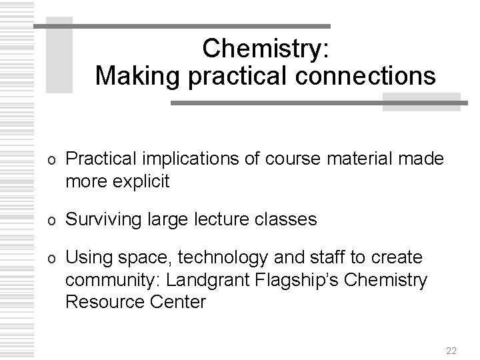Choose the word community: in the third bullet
tap(106, 279)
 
